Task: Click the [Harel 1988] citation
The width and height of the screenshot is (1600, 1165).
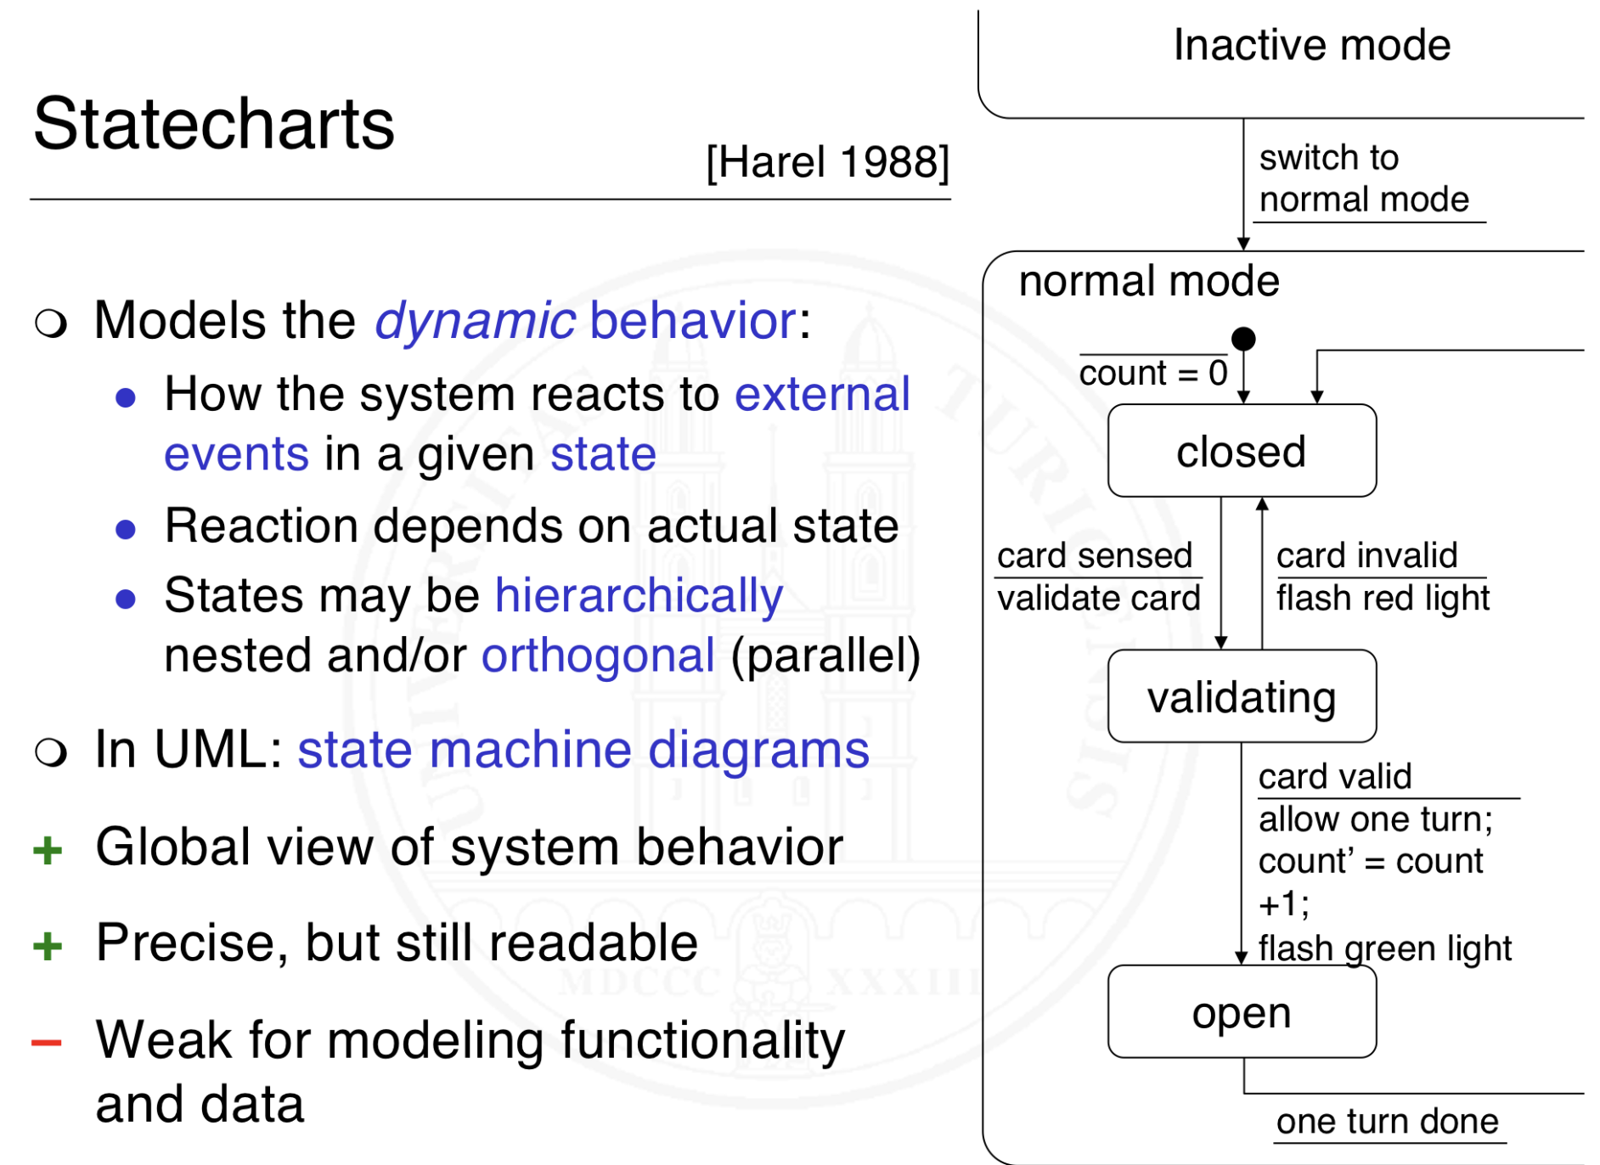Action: [827, 161]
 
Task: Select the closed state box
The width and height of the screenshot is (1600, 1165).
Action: [1241, 451]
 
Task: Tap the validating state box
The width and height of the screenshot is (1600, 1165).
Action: [1241, 697]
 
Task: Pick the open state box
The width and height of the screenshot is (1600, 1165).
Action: [1241, 1012]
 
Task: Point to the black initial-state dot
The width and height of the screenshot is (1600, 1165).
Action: [1243, 339]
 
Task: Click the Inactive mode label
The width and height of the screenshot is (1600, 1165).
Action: [1311, 45]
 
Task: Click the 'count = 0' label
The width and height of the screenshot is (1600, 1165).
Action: [1152, 374]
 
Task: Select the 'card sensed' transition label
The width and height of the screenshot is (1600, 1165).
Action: [1094, 556]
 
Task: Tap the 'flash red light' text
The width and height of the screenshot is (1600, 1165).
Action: [1382, 599]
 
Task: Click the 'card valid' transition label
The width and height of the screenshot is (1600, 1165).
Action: [1334, 777]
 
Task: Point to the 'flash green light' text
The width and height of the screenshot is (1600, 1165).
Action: [1384, 948]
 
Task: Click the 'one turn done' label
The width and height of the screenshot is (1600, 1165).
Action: [1387, 1122]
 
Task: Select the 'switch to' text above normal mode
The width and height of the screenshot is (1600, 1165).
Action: [1328, 158]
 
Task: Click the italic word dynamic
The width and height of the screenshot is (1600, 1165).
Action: [475, 322]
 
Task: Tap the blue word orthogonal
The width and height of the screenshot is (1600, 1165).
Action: [598, 656]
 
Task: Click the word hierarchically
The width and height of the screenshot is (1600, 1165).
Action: [639, 595]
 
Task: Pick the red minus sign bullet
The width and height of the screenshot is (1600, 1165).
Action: [47, 1042]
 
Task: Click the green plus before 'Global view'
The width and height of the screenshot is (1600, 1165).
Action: [48, 849]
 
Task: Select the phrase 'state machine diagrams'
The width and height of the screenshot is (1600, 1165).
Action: [583, 751]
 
